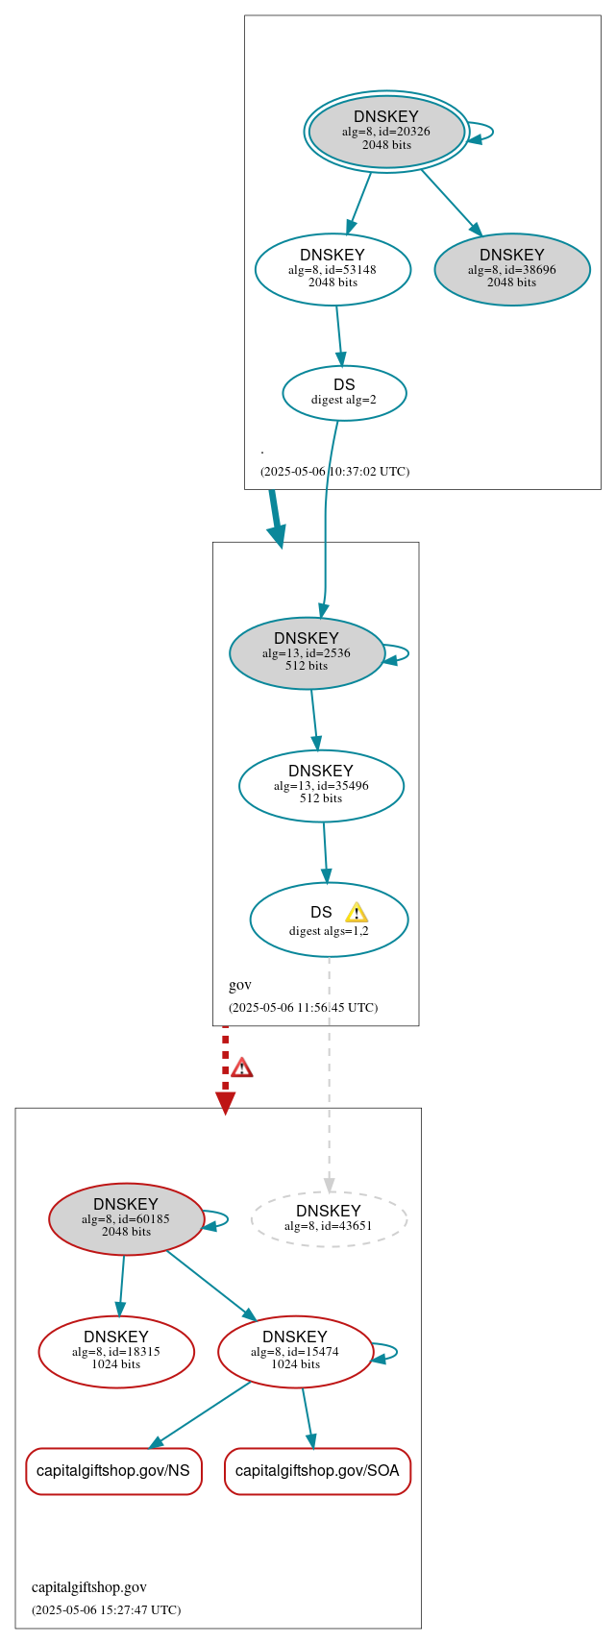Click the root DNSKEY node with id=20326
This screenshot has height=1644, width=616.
(386, 132)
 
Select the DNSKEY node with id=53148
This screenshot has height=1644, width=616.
(333, 270)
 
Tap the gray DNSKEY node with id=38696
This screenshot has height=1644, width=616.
(512, 270)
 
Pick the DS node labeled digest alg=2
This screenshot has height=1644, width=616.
(344, 393)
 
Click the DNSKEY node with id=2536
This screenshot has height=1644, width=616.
(307, 653)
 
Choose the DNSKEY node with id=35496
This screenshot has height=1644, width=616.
(321, 786)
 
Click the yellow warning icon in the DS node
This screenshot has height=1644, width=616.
(357, 913)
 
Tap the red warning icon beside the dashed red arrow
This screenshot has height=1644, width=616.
(242, 1067)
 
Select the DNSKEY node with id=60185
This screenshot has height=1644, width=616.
(126, 1218)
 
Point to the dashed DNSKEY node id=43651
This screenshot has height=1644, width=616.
(329, 1218)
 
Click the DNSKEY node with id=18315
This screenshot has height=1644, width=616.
(116, 1351)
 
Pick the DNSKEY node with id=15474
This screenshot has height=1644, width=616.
(295, 1351)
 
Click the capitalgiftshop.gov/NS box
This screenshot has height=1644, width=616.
(113, 1471)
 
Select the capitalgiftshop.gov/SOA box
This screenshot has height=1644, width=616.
(317, 1471)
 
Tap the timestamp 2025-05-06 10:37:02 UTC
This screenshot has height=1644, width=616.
(334, 472)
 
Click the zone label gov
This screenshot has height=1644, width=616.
(240, 985)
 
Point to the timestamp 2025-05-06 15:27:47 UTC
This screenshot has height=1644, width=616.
(106, 1609)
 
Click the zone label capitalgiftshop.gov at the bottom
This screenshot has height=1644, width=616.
(89, 1586)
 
